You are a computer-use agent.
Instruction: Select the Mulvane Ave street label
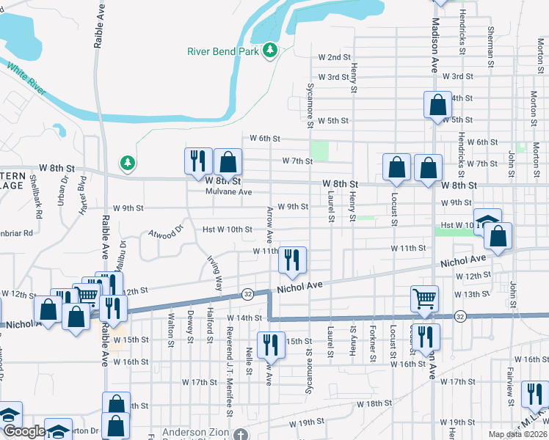(x=228, y=192)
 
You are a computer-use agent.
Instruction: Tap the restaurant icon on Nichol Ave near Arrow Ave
(x=292, y=260)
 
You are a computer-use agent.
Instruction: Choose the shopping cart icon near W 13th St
(x=424, y=298)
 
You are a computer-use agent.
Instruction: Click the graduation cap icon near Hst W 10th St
(x=487, y=221)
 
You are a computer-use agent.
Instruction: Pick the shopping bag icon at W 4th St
(x=437, y=105)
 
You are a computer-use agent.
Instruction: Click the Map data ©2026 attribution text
(x=518, y=434)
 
